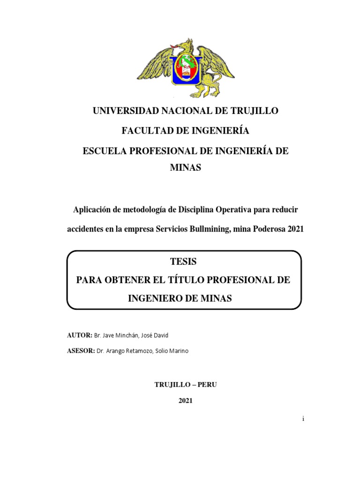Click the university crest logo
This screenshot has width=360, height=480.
(186, 68)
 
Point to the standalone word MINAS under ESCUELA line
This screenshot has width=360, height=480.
(185, 168)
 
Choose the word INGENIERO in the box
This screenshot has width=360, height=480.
(155, 298)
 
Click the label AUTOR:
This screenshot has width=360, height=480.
(80, 335)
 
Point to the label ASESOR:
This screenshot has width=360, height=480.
(82, 351)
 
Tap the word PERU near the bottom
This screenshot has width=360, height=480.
(207, 384)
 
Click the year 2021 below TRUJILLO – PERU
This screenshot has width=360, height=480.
(185, 401)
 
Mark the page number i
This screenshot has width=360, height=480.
(303, 419)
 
